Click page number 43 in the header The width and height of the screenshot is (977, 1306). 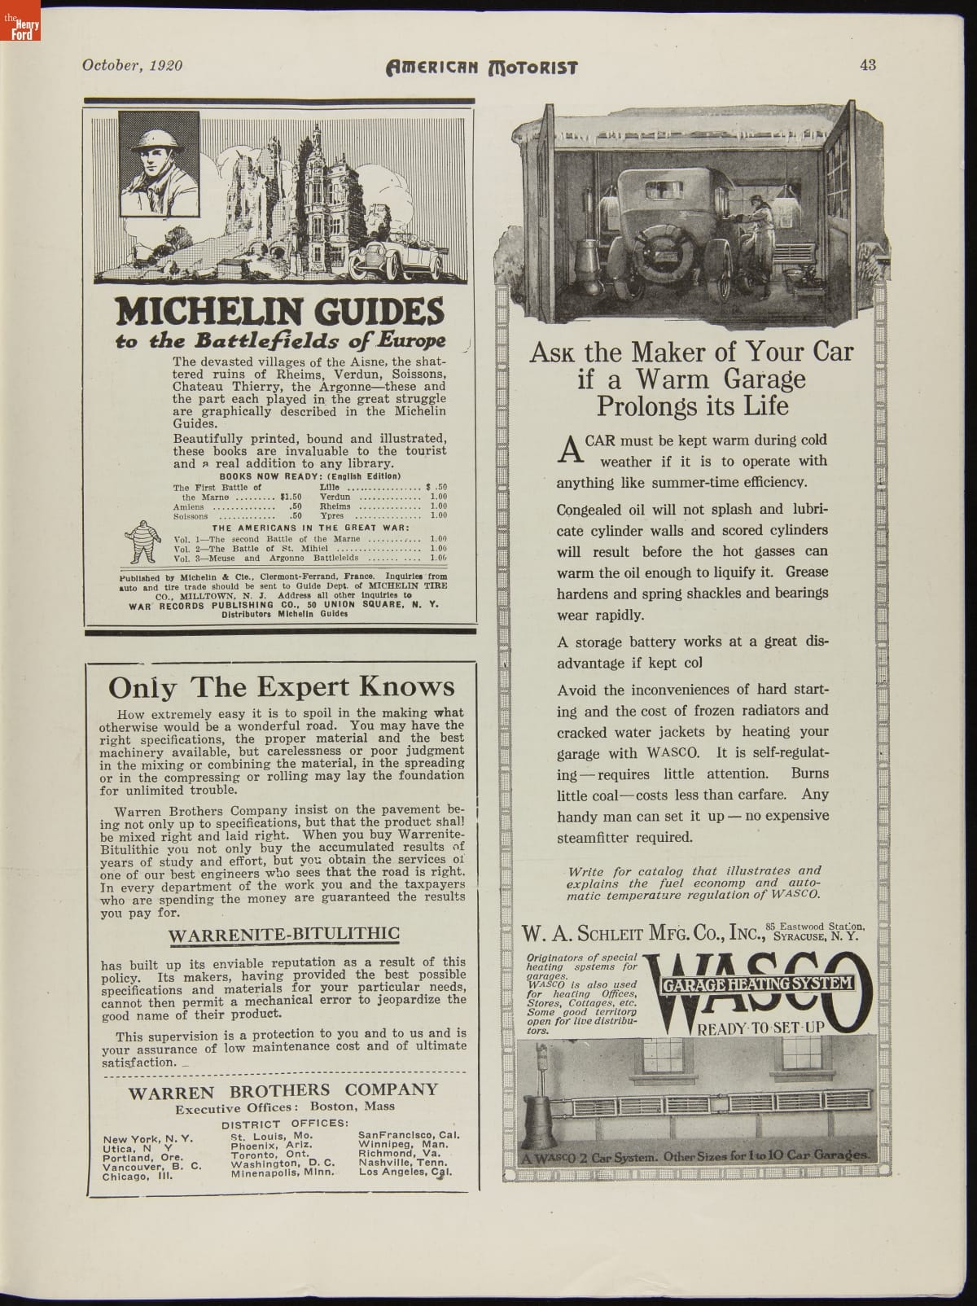(867, 66)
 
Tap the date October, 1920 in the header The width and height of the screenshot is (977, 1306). (132, 66)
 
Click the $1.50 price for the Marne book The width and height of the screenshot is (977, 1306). (290, 496)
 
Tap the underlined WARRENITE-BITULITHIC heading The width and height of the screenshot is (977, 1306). (283, 934)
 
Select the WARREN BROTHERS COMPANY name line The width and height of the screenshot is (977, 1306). (283, 1090)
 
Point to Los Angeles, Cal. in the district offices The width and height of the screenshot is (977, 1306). (405, 1173)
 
